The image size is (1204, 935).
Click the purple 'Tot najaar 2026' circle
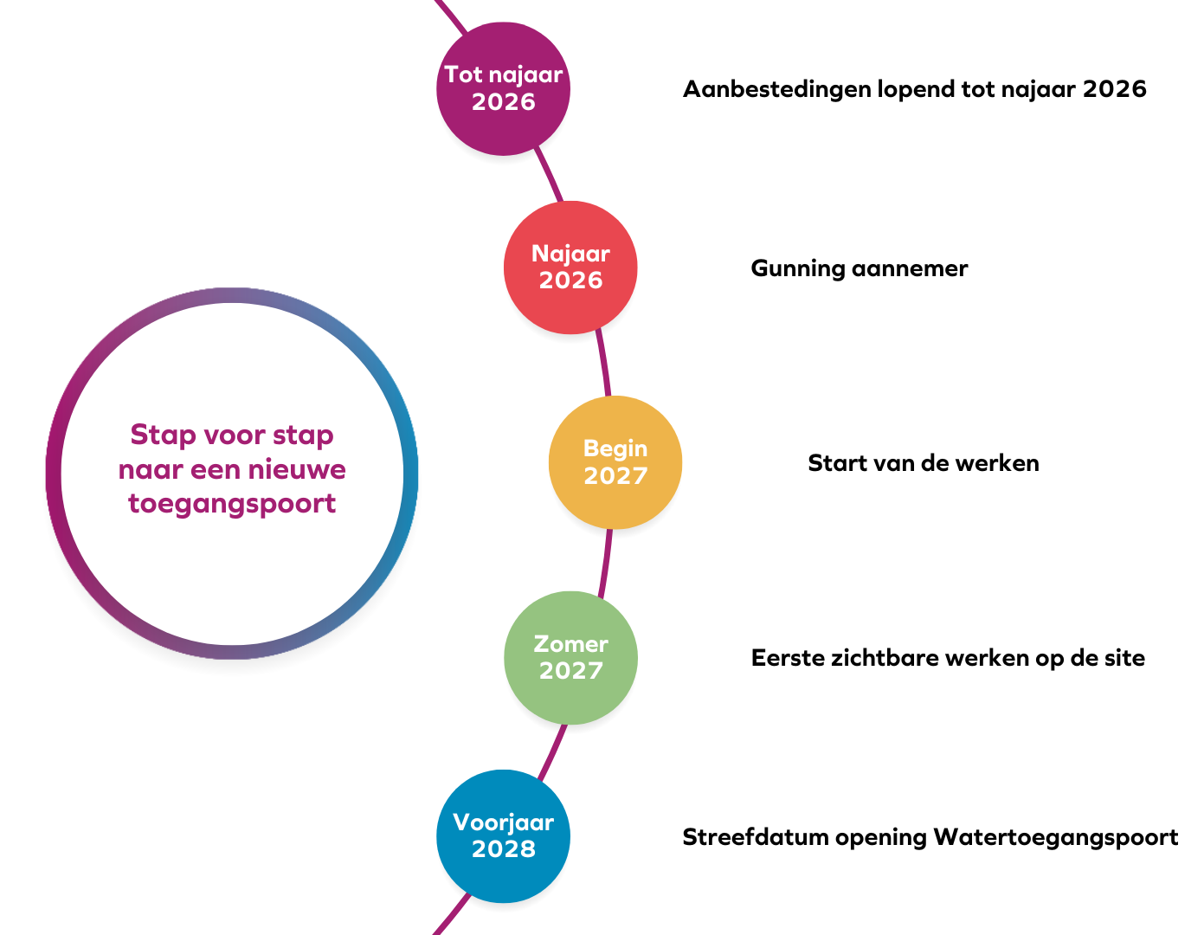503,88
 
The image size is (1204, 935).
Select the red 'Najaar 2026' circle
570,268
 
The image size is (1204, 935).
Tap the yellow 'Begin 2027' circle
615,462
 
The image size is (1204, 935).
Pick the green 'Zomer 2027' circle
570,657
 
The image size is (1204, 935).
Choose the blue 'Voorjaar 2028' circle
503,836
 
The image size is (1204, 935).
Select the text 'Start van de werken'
923,463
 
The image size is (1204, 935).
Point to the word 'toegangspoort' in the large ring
232,503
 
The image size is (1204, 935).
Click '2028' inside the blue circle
503,849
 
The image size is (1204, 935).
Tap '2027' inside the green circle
570,670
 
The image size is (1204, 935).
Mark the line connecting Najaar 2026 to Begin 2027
603,364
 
